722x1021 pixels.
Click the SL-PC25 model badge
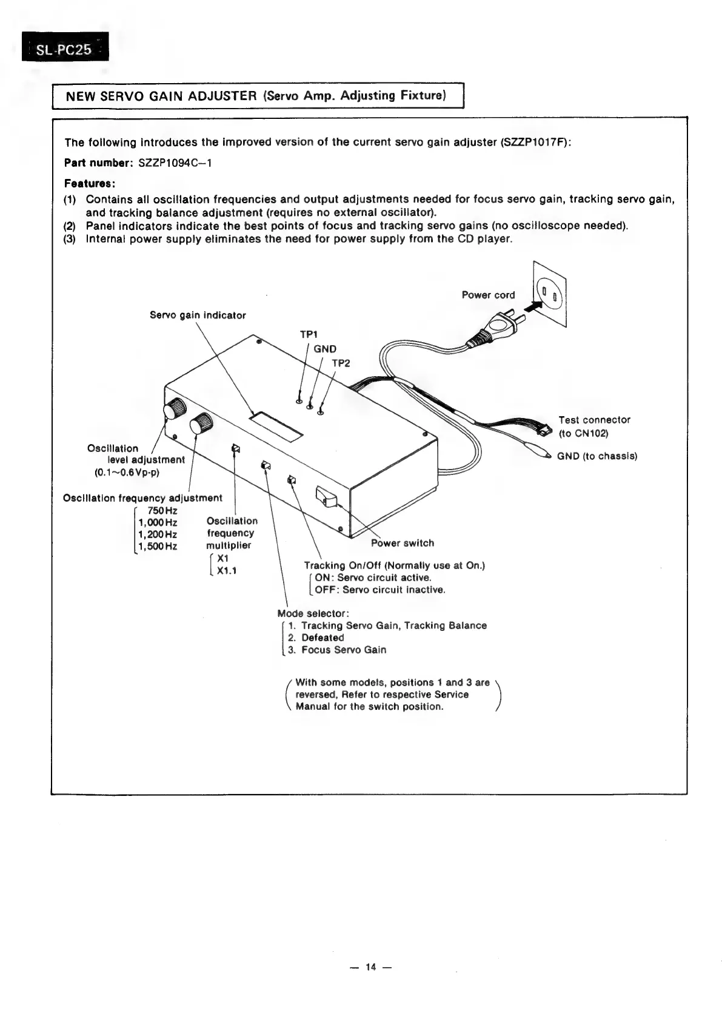tap(65, 48)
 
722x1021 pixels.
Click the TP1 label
tap(309, 334)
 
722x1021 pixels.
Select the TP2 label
tap(341, 363)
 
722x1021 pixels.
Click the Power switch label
tap(403, 543)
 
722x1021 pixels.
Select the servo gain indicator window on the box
tap(276, 425)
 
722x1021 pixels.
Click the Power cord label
tap(488, 295)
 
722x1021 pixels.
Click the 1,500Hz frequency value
tap(158, 546)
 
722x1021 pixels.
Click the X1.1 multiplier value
tap(226, 570)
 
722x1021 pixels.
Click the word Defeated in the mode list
tap(323, 638)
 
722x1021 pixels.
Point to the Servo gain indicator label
tap(198, 315)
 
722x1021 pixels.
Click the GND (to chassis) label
tap(597, 456)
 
